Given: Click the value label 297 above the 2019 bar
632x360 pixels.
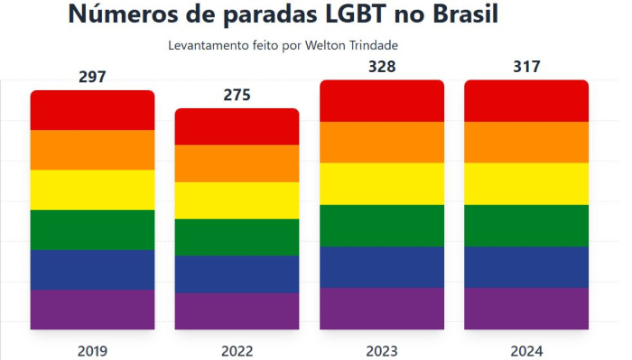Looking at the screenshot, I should (x=92, y=78).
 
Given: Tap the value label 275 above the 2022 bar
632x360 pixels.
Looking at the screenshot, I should (x=237, y=96).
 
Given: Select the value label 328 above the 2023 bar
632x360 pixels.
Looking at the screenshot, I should (x=382, y=67).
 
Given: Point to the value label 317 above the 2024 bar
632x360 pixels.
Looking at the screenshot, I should (x=526, y=67).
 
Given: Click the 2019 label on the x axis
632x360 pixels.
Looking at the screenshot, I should (x=92, y=351).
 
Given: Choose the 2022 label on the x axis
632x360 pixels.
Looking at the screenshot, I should (x=237, y=351).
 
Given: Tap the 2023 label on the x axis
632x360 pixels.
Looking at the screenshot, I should (x=382, y=351).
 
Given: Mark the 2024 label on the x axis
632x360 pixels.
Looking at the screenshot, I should (x=526, y=351).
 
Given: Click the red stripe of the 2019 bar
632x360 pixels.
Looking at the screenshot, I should (x=92, y=110).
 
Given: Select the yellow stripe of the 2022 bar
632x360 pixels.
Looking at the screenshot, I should (x=237, y=200).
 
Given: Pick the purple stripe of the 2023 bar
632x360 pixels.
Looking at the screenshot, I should (x=382, y=309).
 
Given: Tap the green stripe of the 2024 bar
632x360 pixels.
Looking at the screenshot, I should (x=526, y=226).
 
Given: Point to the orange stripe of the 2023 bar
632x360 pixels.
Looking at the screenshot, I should (x=382, y=142).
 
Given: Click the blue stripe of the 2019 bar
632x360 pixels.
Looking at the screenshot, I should (x=92, y=270).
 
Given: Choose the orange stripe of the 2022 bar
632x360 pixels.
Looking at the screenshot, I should (x=237, y=163).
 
